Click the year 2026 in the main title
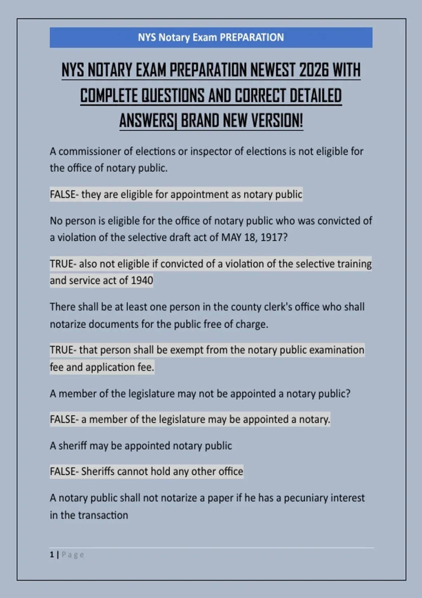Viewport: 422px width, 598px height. click(x=314, y=70)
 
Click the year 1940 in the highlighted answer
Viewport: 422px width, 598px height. click(x=142, y=281)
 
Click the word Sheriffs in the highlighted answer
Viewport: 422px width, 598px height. click(x=98, y=472)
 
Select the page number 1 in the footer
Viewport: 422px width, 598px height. click(x=52, y=555)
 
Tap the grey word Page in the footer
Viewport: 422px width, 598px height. click(x=73, y=555)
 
